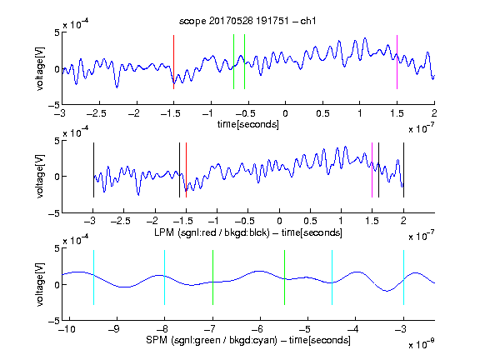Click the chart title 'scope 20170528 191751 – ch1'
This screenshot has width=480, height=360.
[247, 21]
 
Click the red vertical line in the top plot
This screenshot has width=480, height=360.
[173, 62]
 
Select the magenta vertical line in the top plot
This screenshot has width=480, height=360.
[397, 62]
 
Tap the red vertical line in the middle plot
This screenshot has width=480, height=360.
[186, 170]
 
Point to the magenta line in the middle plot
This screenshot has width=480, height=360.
[372, 170]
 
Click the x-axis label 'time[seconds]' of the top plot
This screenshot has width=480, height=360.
[248, 124]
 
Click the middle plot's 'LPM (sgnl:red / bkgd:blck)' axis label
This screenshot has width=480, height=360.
[212, 232]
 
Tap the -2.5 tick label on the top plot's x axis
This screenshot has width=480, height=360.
[97, 113]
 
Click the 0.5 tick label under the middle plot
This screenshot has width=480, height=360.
[310, 221]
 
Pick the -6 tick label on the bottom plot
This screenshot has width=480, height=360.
[257, 329]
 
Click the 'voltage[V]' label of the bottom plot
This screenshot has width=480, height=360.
[40, 284]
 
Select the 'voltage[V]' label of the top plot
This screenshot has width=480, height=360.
[40, 68]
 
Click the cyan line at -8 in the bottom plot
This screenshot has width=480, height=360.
[165, 277]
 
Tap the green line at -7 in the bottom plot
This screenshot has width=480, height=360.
[212, 277]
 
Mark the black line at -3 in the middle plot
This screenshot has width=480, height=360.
[93, 170]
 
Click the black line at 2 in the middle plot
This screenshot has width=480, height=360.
[403, 170]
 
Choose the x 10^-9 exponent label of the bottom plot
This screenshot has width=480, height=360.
[421, 344]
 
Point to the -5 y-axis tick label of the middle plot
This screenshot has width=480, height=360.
[54, 213]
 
